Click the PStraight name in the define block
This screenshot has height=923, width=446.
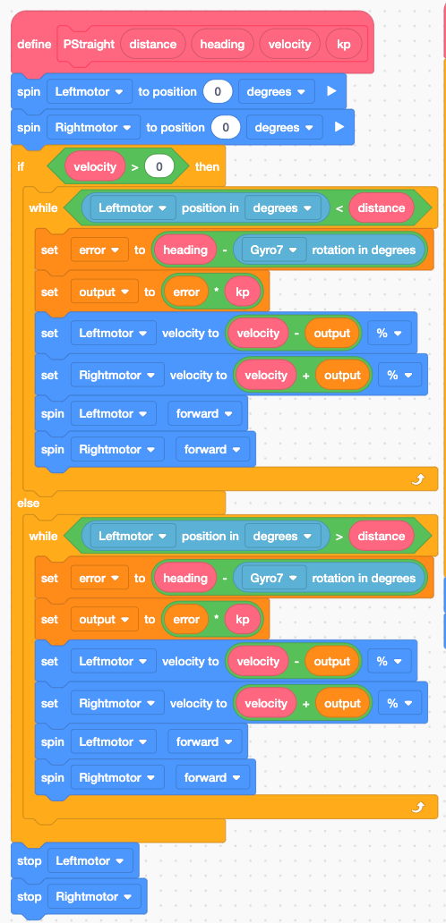89,44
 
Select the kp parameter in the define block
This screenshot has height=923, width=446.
344,44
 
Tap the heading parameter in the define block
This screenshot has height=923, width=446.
222,44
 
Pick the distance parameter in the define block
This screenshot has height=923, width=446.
152,44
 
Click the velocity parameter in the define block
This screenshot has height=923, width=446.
289,44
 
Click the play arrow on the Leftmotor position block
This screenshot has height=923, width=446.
331,92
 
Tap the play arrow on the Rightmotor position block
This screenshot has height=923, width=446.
339,128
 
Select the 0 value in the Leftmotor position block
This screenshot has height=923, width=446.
218,92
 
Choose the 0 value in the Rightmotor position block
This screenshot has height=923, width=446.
226,128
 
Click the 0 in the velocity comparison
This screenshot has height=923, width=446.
159,166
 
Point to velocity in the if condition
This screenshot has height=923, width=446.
95,166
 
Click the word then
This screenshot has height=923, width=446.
207,166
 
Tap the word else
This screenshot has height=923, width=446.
29,504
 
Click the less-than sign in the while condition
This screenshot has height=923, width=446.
339,208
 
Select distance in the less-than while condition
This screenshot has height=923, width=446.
382,207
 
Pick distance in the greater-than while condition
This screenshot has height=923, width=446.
382,537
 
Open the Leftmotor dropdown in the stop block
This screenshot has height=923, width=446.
90,861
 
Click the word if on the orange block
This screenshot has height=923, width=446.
21,166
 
